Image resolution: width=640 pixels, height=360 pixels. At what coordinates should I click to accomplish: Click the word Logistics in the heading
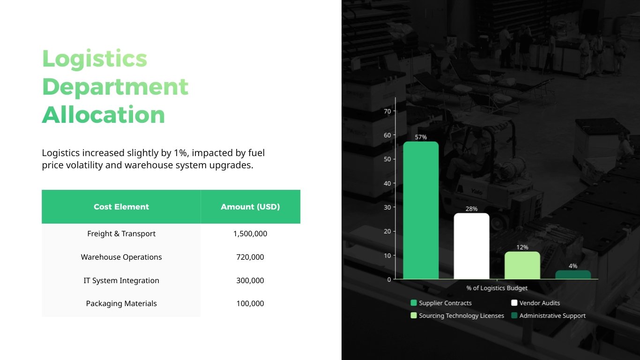pos(95,59)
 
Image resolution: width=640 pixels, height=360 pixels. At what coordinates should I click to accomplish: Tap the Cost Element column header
pos(121,207)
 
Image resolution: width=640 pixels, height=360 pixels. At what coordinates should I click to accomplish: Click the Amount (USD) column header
pos(250,207)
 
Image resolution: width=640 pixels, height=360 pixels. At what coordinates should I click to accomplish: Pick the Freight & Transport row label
pos(121,233)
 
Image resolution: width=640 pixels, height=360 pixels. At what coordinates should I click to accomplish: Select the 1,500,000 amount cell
pos(250,233)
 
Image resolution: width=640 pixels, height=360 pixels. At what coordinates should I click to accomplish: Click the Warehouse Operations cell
pos(121,257)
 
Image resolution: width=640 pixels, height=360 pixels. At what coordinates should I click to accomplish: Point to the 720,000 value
pos(250,257)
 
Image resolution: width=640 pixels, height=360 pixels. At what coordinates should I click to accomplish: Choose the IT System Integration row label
pos(121,280)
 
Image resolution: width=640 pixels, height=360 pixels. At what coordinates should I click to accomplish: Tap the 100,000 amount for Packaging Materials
pos(250,303)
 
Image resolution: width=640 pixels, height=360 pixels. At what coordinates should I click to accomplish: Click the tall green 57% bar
pos(421,211)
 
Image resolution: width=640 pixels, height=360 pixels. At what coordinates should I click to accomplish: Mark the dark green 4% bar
pos(573,275)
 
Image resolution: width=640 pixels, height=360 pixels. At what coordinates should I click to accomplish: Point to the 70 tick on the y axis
pos(387,111)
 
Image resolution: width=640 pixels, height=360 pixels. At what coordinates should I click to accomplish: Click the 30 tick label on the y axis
pos(387,207)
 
